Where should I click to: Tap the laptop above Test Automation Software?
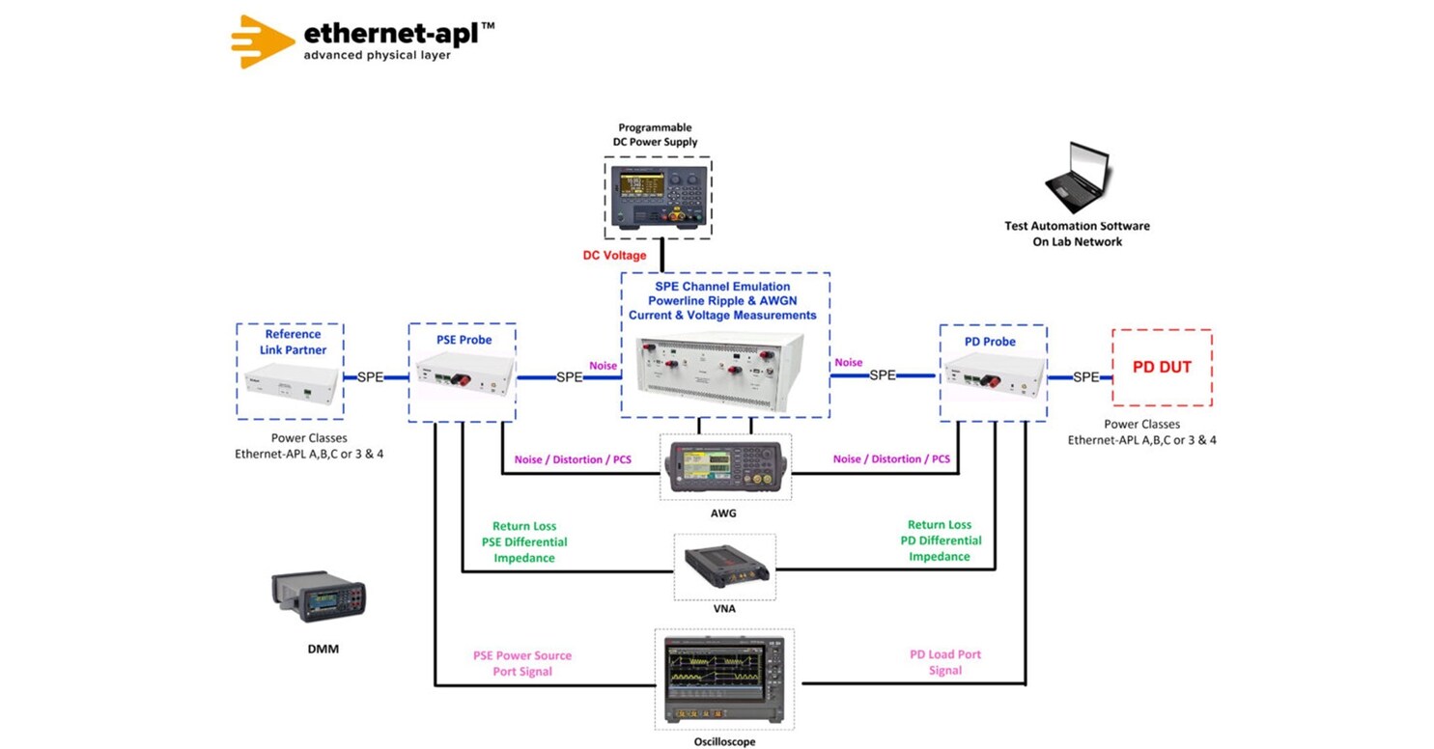coord(1079,178)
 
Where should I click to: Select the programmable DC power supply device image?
coord(658,198)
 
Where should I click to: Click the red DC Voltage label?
coord(614,256)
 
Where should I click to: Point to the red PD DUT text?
coord(1162,368)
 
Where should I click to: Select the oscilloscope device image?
coord(724,680)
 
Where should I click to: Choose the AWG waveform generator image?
coord(724,468)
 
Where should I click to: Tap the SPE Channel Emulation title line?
coord(722,287)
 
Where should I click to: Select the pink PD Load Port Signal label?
coord(944,662)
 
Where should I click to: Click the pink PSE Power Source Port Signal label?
coord(521,663)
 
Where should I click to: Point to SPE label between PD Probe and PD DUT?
coord(1085,377)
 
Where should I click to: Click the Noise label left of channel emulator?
coord(603,365)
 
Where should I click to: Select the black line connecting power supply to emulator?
coord(661,256)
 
